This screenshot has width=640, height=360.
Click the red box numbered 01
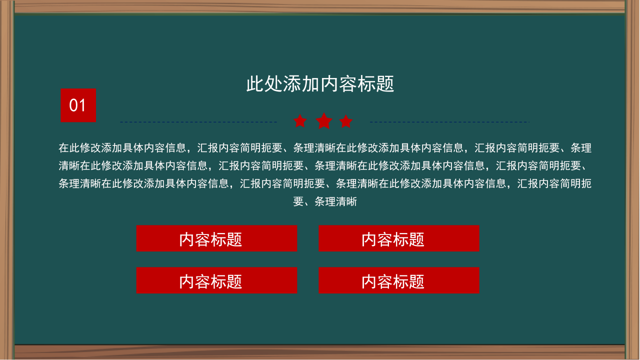(78, 105)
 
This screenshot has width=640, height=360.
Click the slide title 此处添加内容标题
(320, 84)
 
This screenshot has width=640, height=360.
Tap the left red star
(300, 121)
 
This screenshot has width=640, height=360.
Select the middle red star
(324, 120)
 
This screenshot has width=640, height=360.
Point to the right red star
(346, 121)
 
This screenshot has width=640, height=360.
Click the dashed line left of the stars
(198, 122)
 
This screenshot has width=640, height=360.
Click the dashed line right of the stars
(449, 122)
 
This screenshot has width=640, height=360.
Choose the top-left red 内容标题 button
(216, 238)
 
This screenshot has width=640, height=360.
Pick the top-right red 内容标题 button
(399, 238)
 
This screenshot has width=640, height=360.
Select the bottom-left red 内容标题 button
(216, 280)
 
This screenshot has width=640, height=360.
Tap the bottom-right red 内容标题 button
(399, 280)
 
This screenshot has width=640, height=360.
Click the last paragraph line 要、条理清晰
(325, 202)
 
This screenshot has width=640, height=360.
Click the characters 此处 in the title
(264, 84)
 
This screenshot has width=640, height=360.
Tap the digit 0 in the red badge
(74, 106)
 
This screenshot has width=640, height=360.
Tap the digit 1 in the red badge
(83, 106)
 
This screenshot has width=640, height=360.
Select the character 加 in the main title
(310, 84)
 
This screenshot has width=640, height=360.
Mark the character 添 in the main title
(292, 84)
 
